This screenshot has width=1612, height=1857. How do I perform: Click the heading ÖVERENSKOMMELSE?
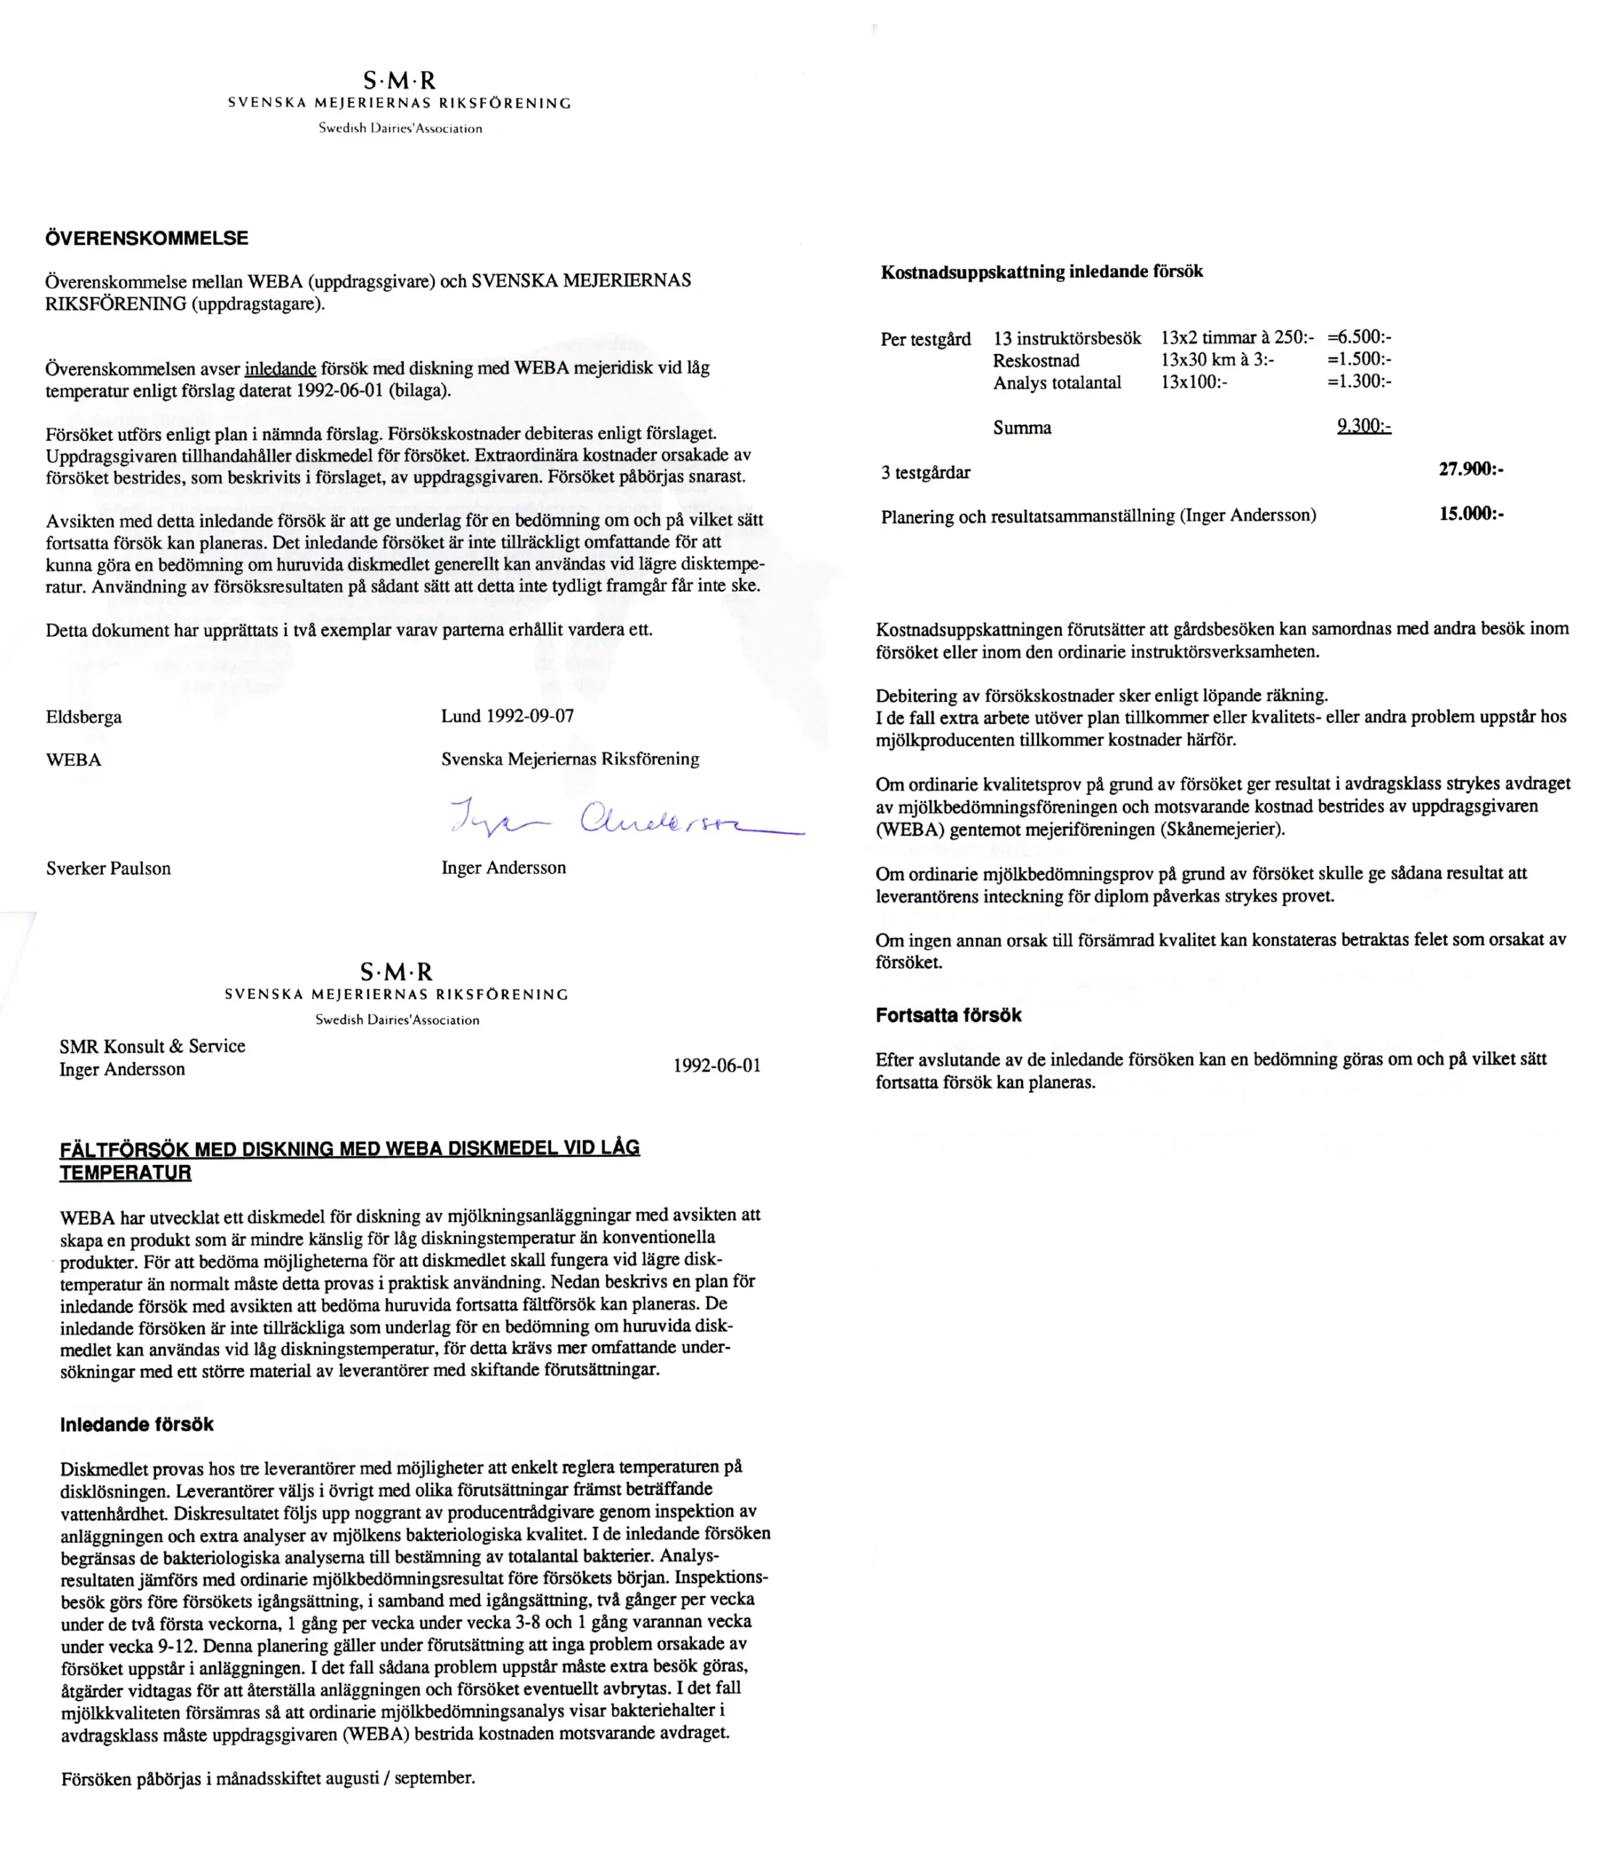pyautogui.click(x=146, y=239)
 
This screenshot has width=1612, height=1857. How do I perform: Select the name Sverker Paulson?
pyautogui.click(x=108, y=868)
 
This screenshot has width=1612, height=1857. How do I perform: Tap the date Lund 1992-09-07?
pyautogui.click(x=508, y=716)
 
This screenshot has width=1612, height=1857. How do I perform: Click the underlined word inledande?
pyautogui.click(x=280, y=368)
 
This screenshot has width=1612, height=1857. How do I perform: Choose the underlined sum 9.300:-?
pyautogui.click(x=1364, y=426)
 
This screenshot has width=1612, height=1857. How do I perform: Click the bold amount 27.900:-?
pyautogui.click(x=1471, y=469)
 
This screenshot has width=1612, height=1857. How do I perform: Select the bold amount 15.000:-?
pyautogui.click(x=1471, y=514)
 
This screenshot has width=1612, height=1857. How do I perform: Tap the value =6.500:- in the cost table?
pyautogui.click(x=1359, y=337)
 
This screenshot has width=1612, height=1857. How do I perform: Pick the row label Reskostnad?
pyautogui.click(x=1036, y=360)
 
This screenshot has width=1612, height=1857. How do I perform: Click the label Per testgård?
pyautogui.click(x=925, y=339)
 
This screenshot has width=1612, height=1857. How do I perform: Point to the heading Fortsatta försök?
pyautogui.click(x=948, y=1015)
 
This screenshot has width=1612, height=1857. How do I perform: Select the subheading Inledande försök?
pyautogui.click(x=137, y=1424)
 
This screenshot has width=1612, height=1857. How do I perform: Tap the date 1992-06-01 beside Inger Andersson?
pyautogui.click(x=717, y=1066)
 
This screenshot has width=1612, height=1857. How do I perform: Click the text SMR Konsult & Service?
pyautogui.click(x=152, y=1045)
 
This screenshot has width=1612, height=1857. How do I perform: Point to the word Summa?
pyautogui.click(x=1022, y=427)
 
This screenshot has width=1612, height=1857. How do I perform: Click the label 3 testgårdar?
pyautogui.click(x=925, y=472)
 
